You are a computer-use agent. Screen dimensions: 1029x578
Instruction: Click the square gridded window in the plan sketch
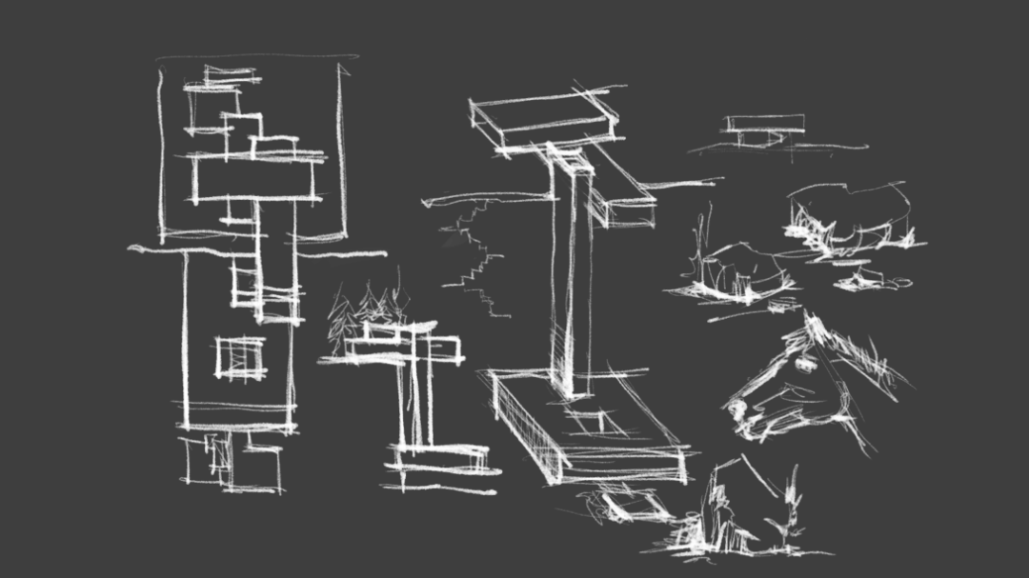tap(240, 358)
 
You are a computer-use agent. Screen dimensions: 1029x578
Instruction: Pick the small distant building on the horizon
tap(764, 127)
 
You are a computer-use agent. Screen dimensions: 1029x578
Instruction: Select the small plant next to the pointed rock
tap(787, 514)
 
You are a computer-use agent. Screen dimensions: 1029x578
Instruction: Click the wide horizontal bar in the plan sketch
tap(257, 177)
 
